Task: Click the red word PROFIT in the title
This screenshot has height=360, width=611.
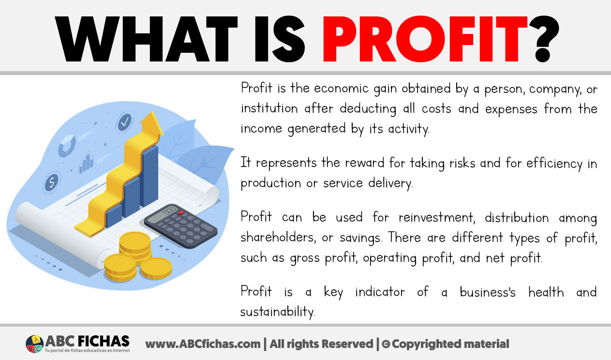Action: pyautogui.click(x=425, y=39)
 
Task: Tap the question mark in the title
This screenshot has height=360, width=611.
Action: pyautogui.click(x=544, y=39)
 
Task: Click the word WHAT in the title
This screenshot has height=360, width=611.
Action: pyautogui.click(x=146, y=39)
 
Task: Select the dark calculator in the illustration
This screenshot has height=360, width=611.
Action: pyautogui.click(x=181, y=226)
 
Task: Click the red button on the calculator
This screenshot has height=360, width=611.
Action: pyautogui.click(x=180, y=212)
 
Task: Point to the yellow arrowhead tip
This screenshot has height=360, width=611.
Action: pyautogui.click(x=151, y=112)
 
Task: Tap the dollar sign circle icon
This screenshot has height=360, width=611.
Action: pyautogui.click(x=52, y=182)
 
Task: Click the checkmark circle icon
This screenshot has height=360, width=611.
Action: pyautogui.click(x=124, y=122)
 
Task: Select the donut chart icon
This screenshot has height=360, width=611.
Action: pyautogui.click(x=67, y=145)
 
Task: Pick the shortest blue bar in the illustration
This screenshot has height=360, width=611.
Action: pyautogui.click(x=114, y=215)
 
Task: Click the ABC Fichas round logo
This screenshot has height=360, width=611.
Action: pyautogui.click(x=35, y=344)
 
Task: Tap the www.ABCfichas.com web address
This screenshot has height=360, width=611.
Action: pyautogui.click(x=203, y=344)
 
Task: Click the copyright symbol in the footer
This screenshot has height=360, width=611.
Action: pyautogui.click(x=386, y=345)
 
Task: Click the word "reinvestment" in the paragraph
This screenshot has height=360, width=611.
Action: pyautogui.click(x=437, y=217)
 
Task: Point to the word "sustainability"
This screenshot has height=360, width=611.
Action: pyautogui.click(x=277, y=312)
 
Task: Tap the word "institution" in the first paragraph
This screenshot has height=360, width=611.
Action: pyautogui.click(x=269, y=108)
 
